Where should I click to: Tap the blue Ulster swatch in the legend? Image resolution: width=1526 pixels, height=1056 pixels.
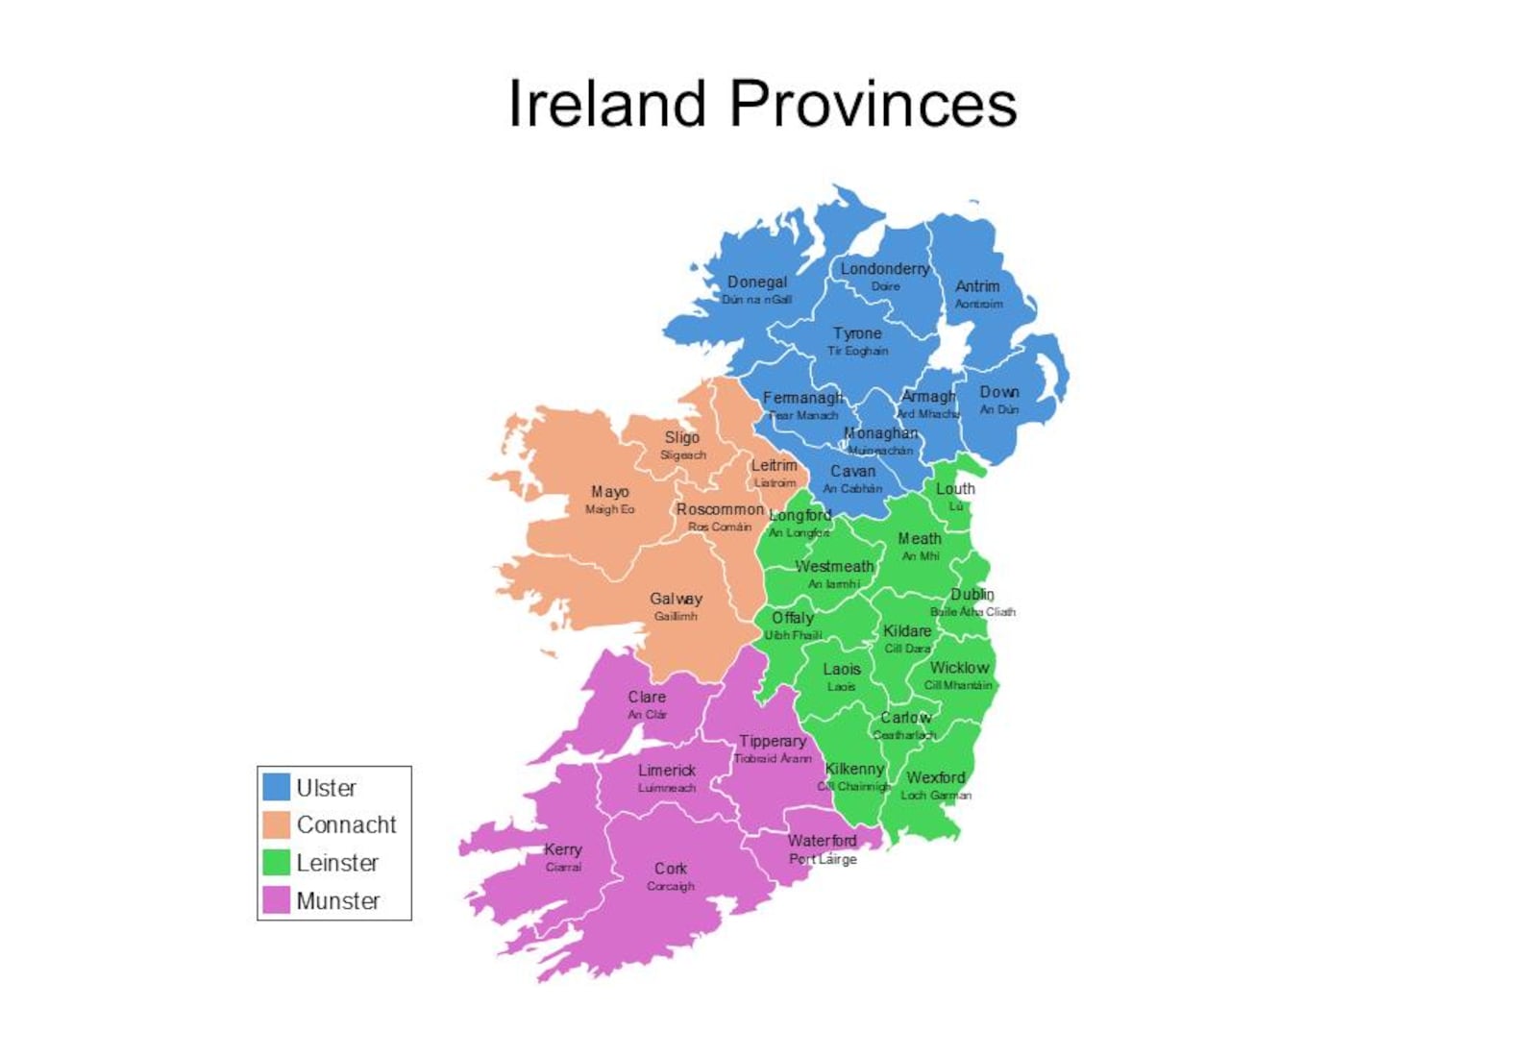[277, 787]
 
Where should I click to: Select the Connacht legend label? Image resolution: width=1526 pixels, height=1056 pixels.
[346, 824]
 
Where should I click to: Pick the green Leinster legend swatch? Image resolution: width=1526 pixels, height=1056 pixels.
[277, 862]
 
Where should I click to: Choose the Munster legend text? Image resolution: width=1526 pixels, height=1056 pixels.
[338, 900]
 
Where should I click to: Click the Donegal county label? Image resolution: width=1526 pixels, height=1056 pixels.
[757, 282]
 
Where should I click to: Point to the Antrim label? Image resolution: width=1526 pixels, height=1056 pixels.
[977, 286]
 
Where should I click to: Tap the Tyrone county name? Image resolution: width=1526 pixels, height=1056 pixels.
[857, 333]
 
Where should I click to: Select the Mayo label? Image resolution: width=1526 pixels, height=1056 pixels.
[610, 492]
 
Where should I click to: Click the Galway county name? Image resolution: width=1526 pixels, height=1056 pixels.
[676, 599]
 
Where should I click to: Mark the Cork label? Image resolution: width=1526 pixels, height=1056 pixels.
[671, 869]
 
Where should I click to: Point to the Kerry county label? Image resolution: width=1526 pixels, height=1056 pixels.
[563, 849]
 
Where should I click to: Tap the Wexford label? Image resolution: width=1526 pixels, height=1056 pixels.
[936, 777]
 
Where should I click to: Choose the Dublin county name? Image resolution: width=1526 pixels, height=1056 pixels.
[972, 595]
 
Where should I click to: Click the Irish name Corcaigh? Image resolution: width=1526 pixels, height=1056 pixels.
[671, 886]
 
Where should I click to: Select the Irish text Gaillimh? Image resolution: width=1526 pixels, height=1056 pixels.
[676, 616]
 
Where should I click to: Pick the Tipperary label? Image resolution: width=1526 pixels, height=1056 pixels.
[773, 741]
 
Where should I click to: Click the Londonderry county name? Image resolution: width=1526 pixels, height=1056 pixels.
[885, 269]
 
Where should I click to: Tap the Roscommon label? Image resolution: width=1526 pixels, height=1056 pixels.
[720, 509]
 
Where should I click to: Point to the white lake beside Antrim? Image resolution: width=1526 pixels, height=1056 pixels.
[950, 346]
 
